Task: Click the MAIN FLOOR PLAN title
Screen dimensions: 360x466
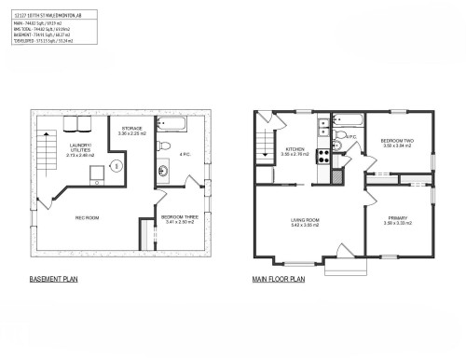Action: click(280, 279)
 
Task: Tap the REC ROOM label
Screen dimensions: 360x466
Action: click(88, 218)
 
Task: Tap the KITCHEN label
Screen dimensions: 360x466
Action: click(295, 149)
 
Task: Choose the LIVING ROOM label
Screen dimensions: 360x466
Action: click(305, 222)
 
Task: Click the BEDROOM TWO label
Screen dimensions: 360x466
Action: click(397, 142)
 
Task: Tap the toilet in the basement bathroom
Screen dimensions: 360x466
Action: click(163, 146)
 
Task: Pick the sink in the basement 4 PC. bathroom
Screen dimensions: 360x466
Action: click(161, 170)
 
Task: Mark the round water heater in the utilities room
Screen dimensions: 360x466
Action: click(116, 167)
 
